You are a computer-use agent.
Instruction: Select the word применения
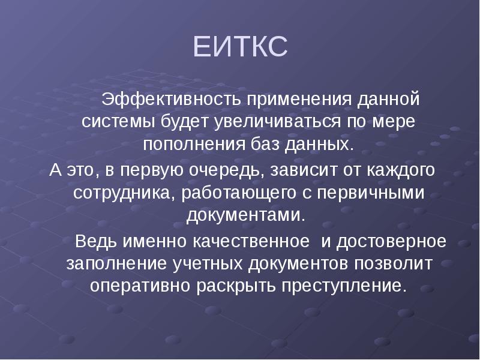293,97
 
